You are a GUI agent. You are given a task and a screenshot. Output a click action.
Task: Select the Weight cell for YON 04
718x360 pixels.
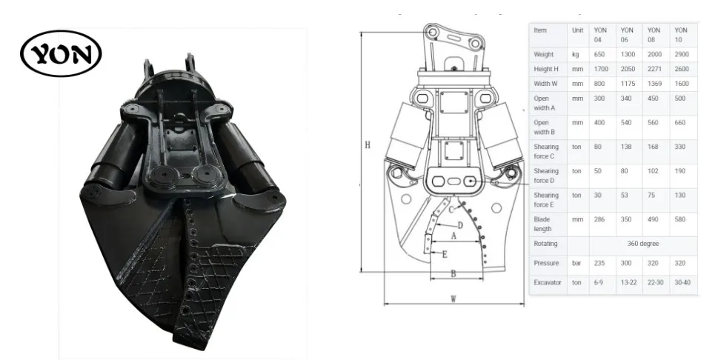599,54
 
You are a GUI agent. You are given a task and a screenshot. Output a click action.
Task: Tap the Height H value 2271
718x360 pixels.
654,69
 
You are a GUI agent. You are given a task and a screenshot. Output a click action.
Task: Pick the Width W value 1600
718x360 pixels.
682,84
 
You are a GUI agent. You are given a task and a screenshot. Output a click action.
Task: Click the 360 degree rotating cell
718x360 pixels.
643,244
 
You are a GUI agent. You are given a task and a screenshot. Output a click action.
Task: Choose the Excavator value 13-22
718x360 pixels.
628,282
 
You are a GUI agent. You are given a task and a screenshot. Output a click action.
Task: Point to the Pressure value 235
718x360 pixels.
599,263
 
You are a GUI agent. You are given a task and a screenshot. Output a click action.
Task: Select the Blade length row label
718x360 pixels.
542,224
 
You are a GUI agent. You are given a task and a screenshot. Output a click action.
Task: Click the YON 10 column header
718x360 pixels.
681,35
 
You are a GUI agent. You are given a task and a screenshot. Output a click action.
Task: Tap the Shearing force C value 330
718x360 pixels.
680,147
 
